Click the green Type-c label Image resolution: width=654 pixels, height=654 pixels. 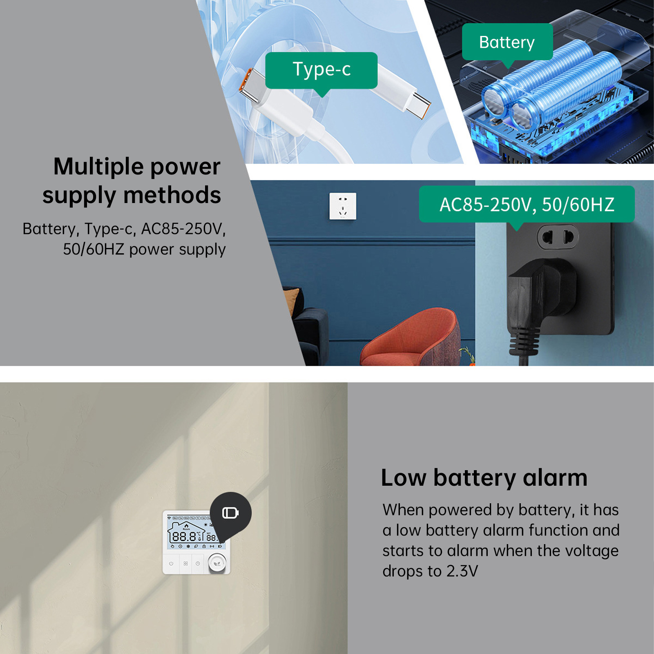tap(321, 70)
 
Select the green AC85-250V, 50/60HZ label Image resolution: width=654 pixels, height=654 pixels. tap(527, 204)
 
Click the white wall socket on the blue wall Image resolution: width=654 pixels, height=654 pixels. tap(343, 206)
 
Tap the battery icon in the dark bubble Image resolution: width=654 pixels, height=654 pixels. tap(230, 513)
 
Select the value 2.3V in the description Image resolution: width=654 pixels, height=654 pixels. tap(462, 571)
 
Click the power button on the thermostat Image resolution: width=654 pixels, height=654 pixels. tap(171, 564)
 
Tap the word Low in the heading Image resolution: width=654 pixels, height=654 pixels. tap(404, 478)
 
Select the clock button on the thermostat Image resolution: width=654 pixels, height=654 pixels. tap(198, 564)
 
